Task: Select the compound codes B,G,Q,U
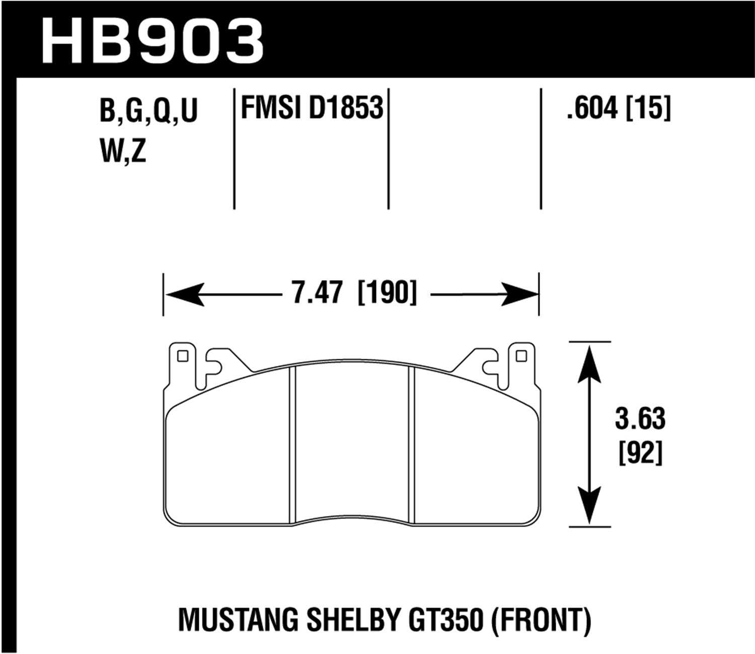(149, 111)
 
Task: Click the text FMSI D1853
(312, 108)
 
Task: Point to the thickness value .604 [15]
(619, 108)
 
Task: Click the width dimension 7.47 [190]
(354, 293)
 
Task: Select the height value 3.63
(640, 419)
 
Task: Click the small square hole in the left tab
(183, 356)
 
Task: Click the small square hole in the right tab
(521, 356)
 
